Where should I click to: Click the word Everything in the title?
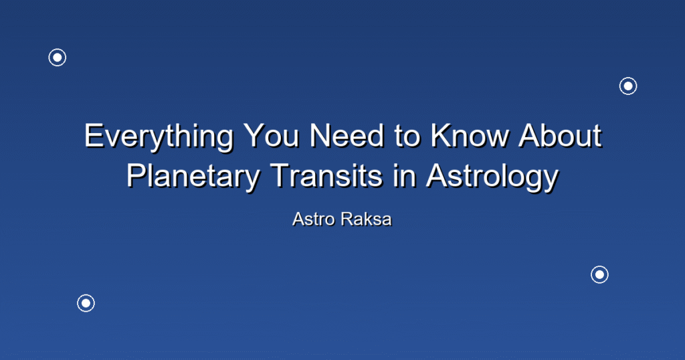click(x=159, y=138)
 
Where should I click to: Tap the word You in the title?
click(x=272, y=136)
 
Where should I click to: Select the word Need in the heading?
click(x=347, y=136)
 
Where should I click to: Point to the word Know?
click(x=470, y=136)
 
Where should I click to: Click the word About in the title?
click(x=560, y=136)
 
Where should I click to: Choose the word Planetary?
click(x=193, y=177)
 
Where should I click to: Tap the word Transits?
click(x=326, y=175)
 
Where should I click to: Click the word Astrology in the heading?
click(x=492, y=177)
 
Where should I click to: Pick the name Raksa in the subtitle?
click(x=367, y=219)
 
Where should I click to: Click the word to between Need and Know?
click(x=407, y=137)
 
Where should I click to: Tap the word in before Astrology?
click(x=404, y=175)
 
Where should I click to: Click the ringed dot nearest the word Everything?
click(x=58, y=58)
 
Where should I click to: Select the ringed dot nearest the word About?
click(x=628, y=86)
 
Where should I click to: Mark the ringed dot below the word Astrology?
click(x=600, y=275)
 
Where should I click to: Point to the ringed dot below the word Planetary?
click(x=86, y=303)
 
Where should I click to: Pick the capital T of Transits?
click(x=280, y=175)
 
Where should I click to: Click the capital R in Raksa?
click(x=348, y=219)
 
